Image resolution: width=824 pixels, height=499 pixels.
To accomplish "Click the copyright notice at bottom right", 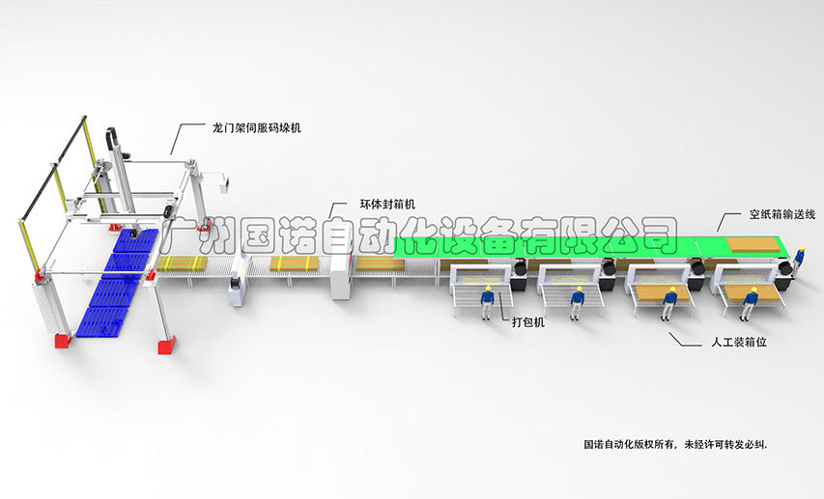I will coord(681,444).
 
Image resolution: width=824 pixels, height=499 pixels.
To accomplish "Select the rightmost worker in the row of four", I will coord(751,301).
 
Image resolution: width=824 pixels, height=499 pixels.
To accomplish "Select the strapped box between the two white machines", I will coord(293,263).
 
